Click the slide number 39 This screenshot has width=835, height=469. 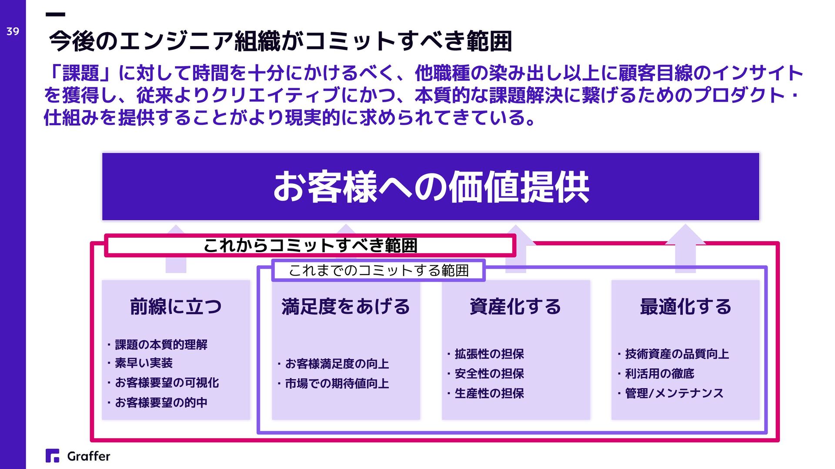13,31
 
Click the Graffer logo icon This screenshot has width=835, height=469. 52,456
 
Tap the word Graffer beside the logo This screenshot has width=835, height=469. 89,456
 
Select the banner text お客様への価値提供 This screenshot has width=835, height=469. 431,187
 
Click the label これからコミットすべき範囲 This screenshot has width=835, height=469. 310,246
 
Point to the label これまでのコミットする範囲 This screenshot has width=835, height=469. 378,270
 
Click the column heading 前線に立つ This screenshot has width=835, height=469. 176,306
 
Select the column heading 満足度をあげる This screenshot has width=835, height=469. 346,306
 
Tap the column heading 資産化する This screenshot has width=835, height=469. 515,306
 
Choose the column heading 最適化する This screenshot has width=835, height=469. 685,306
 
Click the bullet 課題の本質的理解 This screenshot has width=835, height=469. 161,345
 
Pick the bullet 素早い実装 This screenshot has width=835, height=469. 144,363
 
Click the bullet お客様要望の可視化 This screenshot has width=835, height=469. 167,383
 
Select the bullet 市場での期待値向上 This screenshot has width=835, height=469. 337,383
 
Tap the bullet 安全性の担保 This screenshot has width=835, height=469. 489,373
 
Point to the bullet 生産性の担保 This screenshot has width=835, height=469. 489,393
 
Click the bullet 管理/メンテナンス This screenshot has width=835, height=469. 674,393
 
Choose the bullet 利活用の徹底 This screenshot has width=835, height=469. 659,373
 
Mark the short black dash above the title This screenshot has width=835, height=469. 55,14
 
